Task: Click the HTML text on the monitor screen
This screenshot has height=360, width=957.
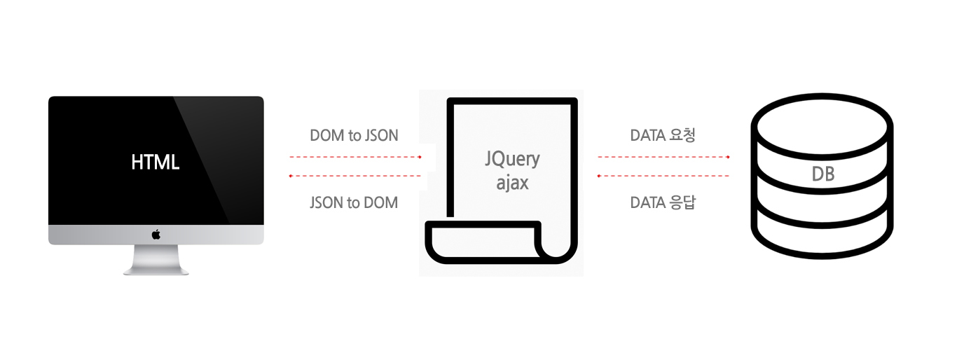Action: [x=156, y=162]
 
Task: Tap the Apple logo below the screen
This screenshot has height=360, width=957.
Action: [x=156, y=235]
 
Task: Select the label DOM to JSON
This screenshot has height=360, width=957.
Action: [x=354, y=136]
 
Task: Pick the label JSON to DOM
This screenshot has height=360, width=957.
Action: [x=354, y=203]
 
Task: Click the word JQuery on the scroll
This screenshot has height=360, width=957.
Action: [x=512, y=159]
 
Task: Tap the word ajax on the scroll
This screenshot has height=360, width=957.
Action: [x=512, y=184]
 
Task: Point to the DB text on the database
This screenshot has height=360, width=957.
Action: [x=822, y=174]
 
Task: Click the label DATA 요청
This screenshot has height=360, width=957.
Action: [x=663, y=136]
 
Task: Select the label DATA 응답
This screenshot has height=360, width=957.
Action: [x=663, y=203]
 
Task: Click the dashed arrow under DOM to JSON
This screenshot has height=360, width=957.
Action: [x=355, y=158]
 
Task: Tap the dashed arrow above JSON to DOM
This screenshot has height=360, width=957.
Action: [x=355, y=176]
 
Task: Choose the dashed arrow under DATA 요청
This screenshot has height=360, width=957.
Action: [x=663, y=158]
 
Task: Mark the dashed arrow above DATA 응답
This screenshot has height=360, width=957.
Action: [x=663, y=176]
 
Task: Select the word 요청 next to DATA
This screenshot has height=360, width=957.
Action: [x=682, y=136]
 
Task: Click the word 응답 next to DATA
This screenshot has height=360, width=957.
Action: [x=682, y=203]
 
